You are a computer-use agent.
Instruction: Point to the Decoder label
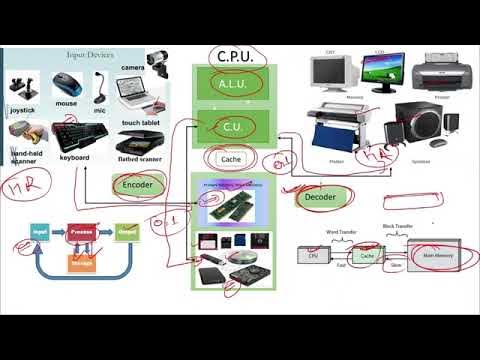[x=319, y=198]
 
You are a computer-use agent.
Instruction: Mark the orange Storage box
[x=82, y=263]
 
